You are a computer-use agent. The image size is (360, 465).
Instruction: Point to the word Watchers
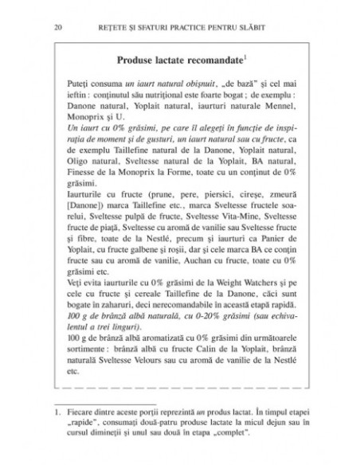pos(256,304)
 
